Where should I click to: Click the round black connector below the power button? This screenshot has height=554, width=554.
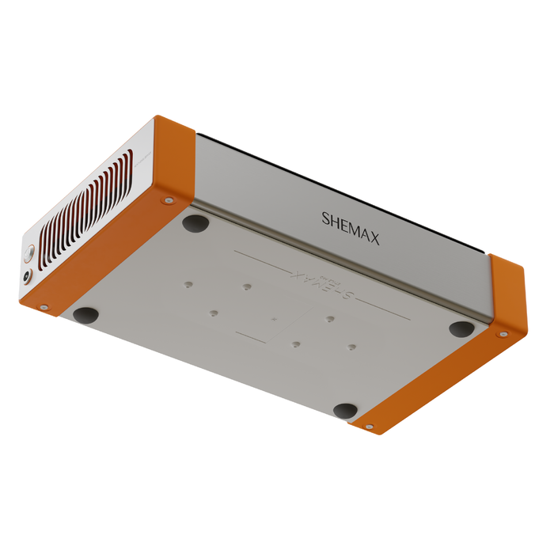click(28, 276)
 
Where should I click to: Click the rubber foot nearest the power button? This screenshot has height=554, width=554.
click(86, 314)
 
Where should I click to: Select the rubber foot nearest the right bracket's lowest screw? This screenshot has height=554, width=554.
click(345, 411)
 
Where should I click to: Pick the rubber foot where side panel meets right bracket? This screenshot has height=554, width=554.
click(461, 328)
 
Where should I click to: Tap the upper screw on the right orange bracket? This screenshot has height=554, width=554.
click(503, 334)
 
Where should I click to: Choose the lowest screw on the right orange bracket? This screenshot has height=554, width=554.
click(369, 427)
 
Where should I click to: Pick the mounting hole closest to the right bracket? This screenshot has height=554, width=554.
click(351, 347)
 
